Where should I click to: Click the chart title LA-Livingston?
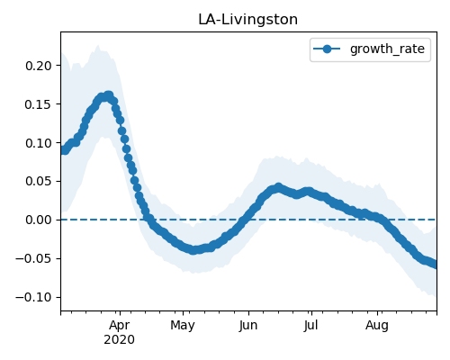[247, 20]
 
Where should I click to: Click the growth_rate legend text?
[387, 49]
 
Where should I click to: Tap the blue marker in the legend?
[328, 49]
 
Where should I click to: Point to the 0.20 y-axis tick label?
[39, 66]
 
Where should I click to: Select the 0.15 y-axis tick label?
[39, 104]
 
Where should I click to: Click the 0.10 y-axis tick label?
[39, 143]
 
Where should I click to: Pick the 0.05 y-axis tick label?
[39, 182]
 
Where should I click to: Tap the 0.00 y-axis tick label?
[39, 220]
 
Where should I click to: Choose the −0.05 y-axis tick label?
[34, 258]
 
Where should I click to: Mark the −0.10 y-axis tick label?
[34, 297]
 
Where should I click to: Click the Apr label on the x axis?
[120, 326]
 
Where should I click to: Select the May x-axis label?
[183, 326]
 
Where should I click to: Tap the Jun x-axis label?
[248, 326]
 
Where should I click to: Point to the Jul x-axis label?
[310, 326]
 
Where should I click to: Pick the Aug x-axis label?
[377, 326]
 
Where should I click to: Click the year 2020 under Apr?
[120, 340]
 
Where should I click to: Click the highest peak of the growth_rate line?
[108, 96]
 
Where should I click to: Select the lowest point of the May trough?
[193, 250]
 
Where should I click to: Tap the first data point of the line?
[63, 150]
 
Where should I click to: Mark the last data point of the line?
[435, 265]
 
